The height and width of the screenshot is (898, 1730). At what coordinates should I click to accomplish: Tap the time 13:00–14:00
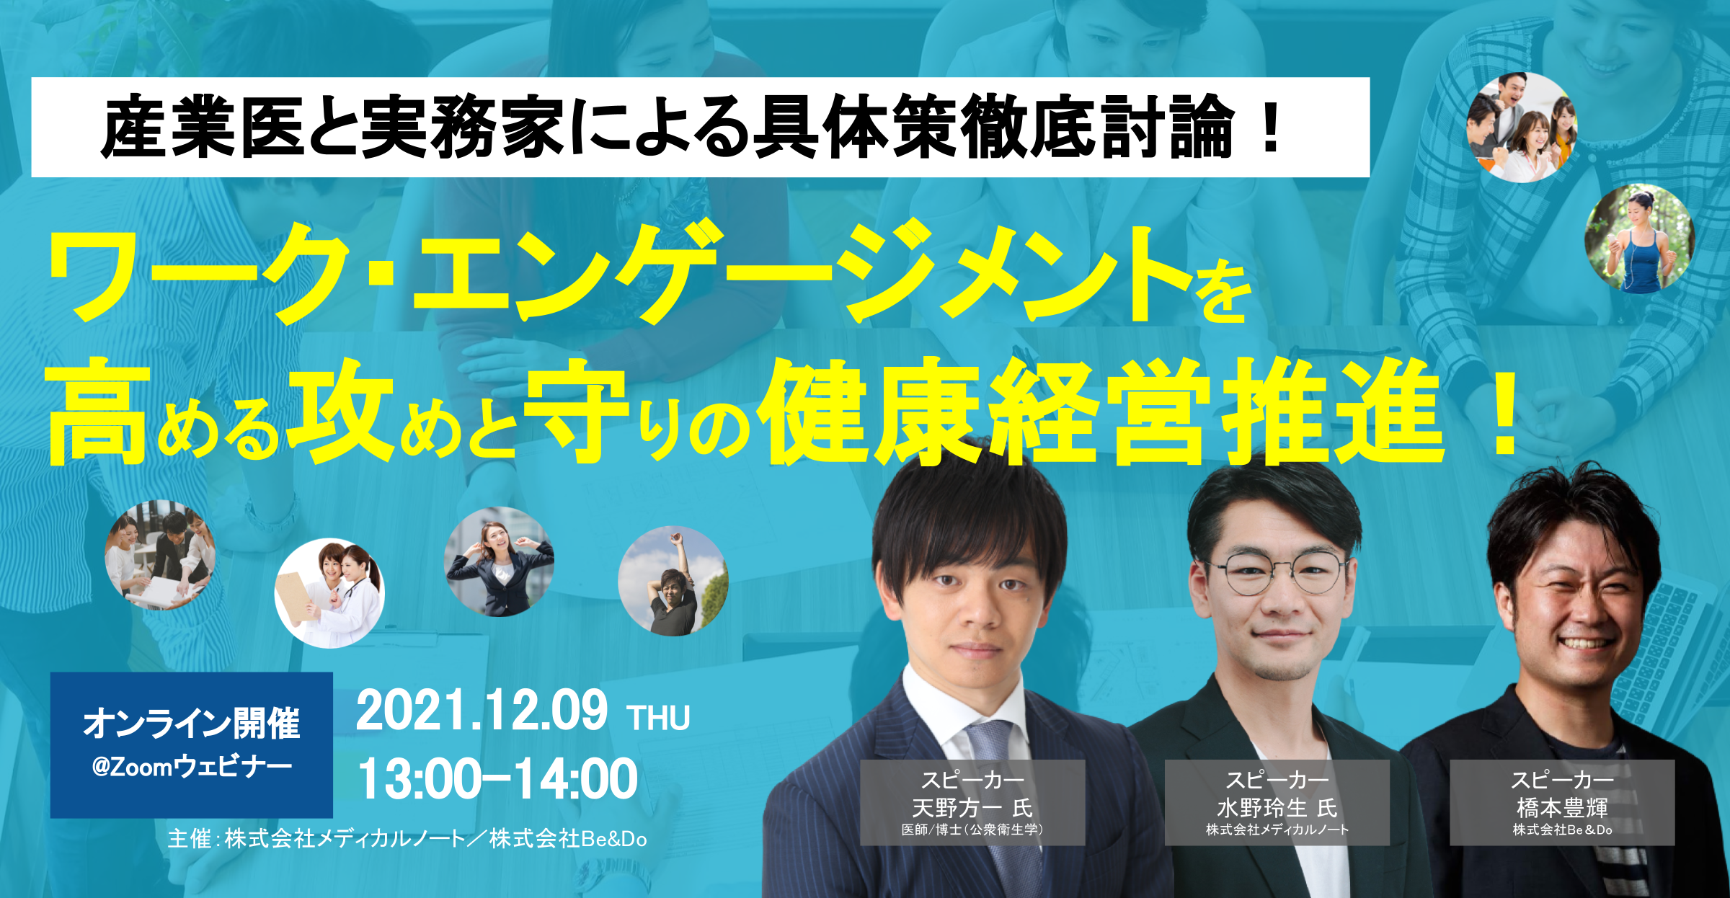click(x=498, y=779)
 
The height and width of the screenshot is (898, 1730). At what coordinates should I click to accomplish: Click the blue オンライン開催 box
click(x=192, y=744)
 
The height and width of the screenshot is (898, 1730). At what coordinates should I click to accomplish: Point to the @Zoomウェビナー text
click(x=192, y=766)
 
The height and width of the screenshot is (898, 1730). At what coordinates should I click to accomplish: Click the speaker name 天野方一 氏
click(x=972, y=808)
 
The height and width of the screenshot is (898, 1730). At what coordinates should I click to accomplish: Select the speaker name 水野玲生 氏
click(x=1277, y=808)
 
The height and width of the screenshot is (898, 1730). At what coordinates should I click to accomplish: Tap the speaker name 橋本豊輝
click(x=1562, y=808)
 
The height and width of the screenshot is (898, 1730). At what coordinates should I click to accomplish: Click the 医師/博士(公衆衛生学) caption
click(x=972, y=830)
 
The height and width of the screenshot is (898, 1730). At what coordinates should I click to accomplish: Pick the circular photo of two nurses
click(x=329, y=593)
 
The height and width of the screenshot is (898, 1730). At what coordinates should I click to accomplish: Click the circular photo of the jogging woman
click(x=1639, y=239)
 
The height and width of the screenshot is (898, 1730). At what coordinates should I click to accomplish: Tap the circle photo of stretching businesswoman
click(x=499, y=561)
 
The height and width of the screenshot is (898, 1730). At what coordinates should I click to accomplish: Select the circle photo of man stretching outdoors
click(x=673, y=581)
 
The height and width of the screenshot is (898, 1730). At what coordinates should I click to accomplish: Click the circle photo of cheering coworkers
click(x=1522, y=127)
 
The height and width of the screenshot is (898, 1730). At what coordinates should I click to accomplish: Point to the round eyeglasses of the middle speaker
click(x=1280, y=572)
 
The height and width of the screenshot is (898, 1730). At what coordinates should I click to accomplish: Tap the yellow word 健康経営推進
click(x=1104, y=412)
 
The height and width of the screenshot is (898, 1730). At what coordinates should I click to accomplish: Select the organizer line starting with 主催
click(x=407, y=839)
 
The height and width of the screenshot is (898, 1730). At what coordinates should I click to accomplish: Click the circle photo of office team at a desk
click(x=160, y=555)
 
